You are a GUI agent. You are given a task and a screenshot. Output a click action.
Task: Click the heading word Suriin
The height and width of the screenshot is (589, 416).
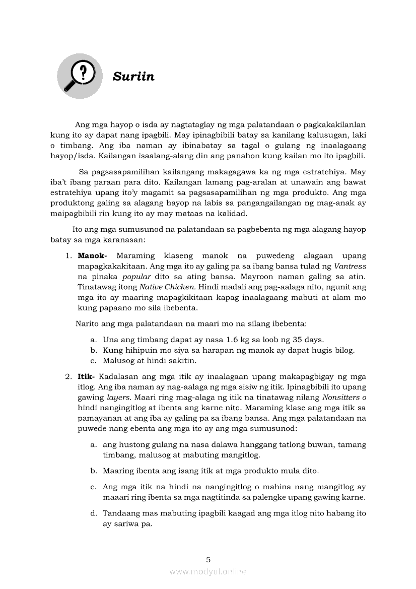point(133,77)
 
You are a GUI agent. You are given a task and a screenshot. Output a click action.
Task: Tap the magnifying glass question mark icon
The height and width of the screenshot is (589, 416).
point(80,76)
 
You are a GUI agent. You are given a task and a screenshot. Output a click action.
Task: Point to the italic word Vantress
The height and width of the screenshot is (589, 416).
point(351,266)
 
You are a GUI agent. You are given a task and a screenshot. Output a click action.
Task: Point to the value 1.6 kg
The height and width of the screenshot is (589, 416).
point(223,339)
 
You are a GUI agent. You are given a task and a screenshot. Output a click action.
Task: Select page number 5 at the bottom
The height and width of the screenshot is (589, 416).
point(208,559)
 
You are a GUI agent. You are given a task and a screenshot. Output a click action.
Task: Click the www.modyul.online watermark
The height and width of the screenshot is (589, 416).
point(208,571)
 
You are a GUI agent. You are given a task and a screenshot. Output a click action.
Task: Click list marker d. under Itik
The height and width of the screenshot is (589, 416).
point(94,513)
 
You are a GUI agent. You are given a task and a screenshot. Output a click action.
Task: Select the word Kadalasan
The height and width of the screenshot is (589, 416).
point(119,376)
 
